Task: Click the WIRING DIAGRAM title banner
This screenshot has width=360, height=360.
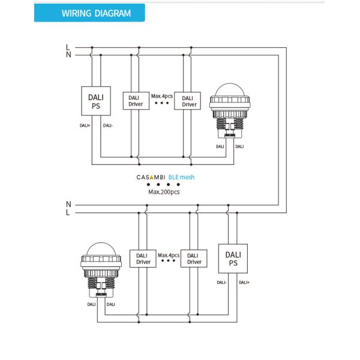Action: [89, 13]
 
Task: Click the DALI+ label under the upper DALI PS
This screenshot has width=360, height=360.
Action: [85, 125]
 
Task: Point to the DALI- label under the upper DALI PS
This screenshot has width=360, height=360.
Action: [108, 125]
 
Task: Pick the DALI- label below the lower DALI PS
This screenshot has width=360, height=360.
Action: [222, 283]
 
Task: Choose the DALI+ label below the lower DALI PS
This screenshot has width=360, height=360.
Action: [244, 283]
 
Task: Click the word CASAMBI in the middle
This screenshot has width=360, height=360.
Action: [151, 177]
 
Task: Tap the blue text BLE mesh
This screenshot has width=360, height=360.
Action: [181, 177]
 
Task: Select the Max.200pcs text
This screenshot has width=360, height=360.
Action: [164, 192]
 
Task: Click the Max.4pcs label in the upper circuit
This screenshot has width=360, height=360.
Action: [162, 96]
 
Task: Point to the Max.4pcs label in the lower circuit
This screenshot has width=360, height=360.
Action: [169, 255]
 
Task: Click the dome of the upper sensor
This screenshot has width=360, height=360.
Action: [230, 90]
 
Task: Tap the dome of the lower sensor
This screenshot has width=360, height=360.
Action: [101, 249]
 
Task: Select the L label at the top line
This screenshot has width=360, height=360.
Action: [68, 47]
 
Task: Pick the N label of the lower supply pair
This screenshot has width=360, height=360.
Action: [68, 204]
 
